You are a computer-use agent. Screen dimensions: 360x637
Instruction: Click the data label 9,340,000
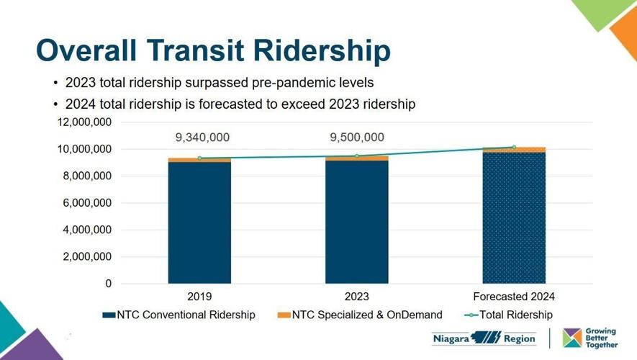pos(203,138)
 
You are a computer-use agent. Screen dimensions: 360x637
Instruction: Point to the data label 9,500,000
pos(357,138)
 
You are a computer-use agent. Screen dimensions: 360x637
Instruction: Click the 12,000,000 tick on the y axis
pos(84,122)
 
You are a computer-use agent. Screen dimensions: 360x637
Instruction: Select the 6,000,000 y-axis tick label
pos(84,203)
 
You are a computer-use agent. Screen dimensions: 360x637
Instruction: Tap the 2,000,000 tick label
pos(84,257)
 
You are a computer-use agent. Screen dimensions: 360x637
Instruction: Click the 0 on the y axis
pos(109,284)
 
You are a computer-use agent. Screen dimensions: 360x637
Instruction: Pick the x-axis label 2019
pos(199,296)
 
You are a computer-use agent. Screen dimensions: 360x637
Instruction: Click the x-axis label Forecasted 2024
pos(514,296)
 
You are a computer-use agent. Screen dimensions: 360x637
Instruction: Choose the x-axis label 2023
pos(357,296)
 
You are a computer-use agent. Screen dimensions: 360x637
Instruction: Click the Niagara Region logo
pos(484,338)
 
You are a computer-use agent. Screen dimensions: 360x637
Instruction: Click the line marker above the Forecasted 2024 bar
pos(514,148)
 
